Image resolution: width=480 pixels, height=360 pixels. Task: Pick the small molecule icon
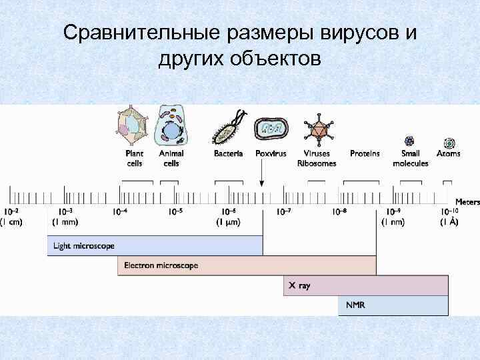[x=409, y=141]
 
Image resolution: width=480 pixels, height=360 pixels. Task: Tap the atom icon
[x=449, y=142]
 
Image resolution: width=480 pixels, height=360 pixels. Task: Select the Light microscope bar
[x=155, y=246]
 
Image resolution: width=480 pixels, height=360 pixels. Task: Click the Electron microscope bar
[x=246, y=265]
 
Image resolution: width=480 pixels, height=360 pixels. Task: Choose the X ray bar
[x=365, y=285]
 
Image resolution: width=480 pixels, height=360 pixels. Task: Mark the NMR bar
[x=393, y=305]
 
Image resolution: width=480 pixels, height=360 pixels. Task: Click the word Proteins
[x=365, y=153]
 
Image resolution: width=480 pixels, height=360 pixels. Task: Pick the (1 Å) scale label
[x=448, y=222]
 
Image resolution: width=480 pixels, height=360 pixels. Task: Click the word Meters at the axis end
[x=467, y=201]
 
